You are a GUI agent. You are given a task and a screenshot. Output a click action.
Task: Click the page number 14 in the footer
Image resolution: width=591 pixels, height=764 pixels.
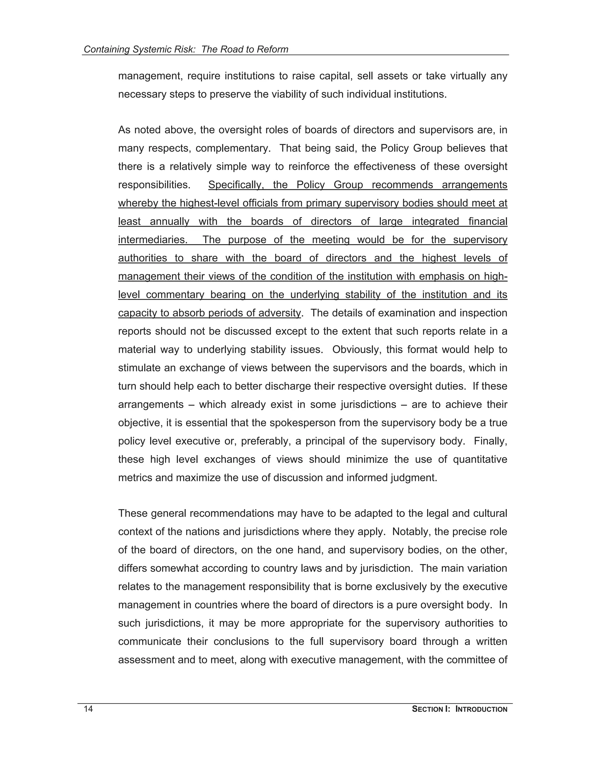pyautogui.click(x=88, y=709)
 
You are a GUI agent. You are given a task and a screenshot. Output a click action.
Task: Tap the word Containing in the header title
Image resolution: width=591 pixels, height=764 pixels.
pyautogui.click(x=106, y=49)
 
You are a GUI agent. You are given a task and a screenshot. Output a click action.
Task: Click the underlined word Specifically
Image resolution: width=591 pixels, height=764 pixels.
pyautogui.click(x=236, y=185)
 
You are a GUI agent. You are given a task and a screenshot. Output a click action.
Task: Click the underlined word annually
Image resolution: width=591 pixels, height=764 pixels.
pyautogui.click(x=169, y=221)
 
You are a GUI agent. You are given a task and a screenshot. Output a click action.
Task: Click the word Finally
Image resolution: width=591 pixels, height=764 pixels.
pyautogui.click(x=490, y=441)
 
